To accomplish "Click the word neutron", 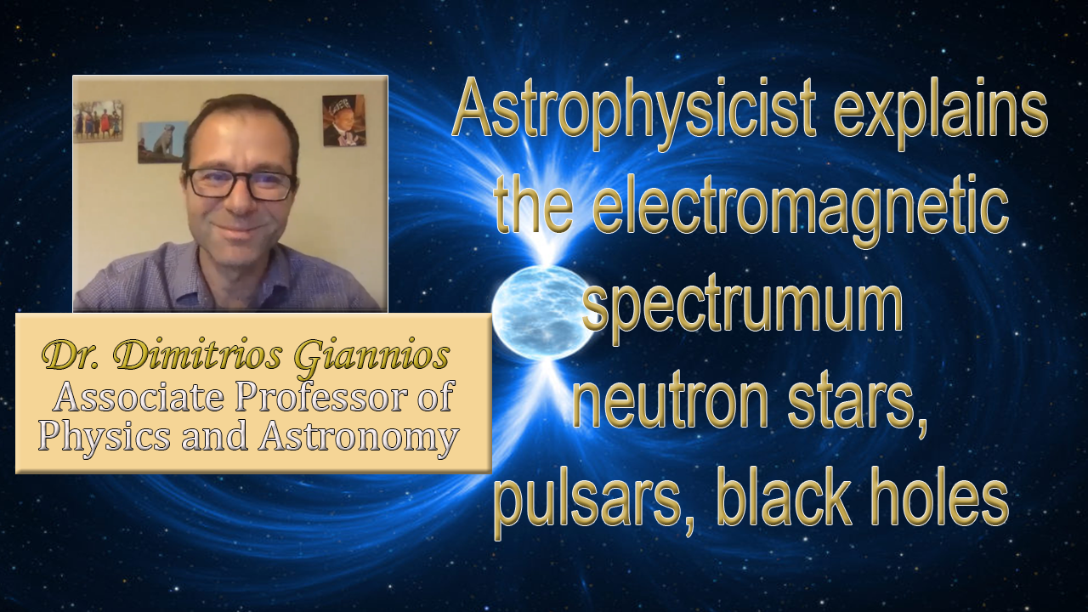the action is [x=671, y=404].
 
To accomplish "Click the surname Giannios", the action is [x=371, y=358].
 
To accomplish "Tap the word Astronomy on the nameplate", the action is [x=359, y=437].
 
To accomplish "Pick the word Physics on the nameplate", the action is [x=105, y=437].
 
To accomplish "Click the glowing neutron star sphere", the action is [x=541, y=314].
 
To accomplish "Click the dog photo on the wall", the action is [x=162, y=142].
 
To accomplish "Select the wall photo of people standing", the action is [x=98, y=122].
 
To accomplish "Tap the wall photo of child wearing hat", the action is [x=344, y=121].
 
